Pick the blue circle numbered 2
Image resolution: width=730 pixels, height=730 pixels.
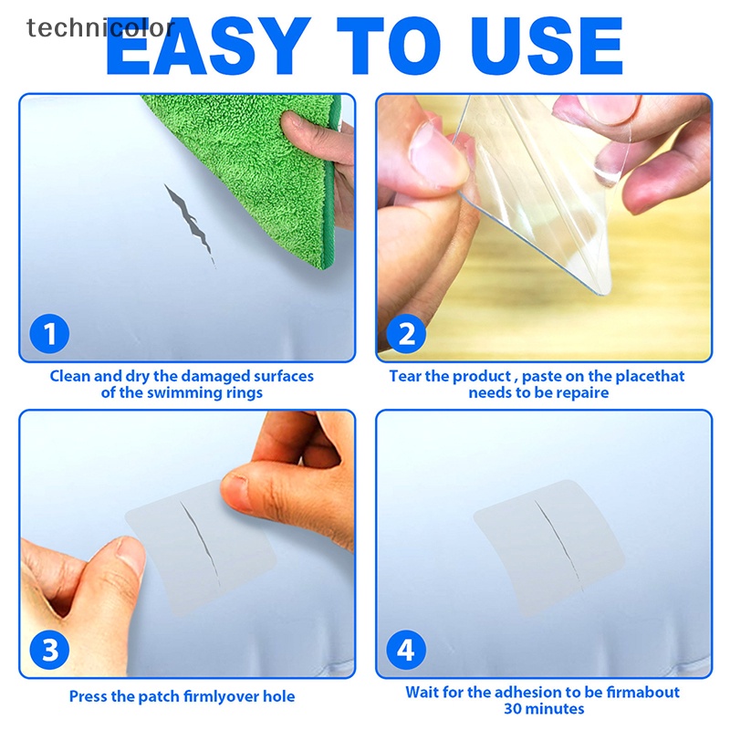coord(406,333)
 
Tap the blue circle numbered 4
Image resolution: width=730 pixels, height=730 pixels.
coord(406,651)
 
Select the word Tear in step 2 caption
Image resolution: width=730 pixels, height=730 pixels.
coord(406,376)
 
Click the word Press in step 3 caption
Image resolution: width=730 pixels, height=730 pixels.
coord(89,696)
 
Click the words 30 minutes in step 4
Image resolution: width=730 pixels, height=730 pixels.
coord(544,709)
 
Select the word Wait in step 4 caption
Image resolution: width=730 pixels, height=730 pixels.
coord(423,693)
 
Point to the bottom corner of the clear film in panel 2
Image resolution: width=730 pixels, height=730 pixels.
coord(601,290)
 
